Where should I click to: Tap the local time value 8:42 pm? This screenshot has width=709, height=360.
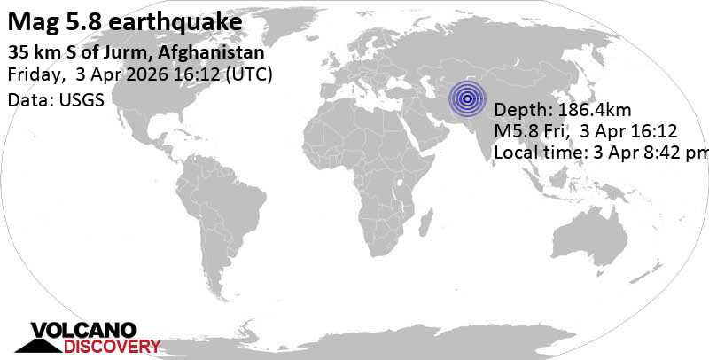(680, 153)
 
